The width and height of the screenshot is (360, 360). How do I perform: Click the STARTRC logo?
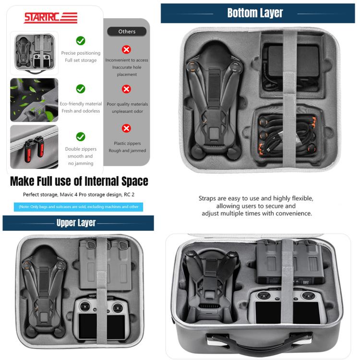[x=50, y=18]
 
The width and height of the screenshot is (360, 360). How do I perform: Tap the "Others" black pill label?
[x=127, y=32]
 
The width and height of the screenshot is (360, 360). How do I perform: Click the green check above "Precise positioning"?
[x=81, y=41]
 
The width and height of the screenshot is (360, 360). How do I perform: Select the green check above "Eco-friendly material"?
[x=81, y=89]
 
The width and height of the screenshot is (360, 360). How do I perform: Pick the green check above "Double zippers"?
[x=81, y=136]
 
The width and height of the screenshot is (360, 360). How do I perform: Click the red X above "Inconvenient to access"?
[x=127, y=49]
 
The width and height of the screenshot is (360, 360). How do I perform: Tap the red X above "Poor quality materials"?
[x=127, y=89]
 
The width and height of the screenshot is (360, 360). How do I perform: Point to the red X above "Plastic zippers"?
[x=127, y=128]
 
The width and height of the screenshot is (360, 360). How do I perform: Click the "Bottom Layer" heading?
[x=255, y=13]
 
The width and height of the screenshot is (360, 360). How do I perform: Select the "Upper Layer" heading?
[x=76, y=223]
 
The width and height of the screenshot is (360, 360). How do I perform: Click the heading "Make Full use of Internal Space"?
[x=79, y=181]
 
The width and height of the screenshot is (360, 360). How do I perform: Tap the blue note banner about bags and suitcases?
[x=78, y=207]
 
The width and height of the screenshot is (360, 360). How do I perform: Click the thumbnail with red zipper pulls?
[x=34, y=147]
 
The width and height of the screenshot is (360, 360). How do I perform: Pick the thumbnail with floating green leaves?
[x=34, y=100]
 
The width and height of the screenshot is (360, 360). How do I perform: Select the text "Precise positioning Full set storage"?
[x=81, y=57]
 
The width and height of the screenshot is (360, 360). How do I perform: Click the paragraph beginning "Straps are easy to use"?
[x=256, y=205]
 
